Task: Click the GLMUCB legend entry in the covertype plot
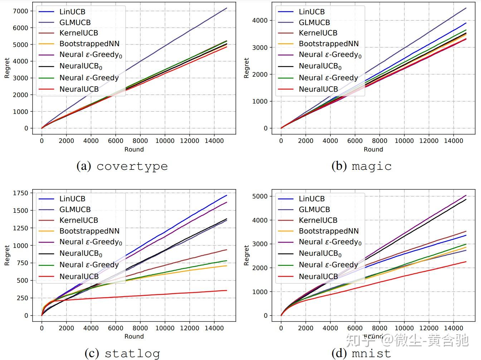[75, 23]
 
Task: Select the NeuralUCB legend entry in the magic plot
[318, 89]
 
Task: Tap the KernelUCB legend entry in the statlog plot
[78, 220]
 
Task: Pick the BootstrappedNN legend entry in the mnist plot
[329, 231]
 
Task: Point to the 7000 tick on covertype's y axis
[21, 11]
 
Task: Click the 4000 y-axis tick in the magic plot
[260, 20]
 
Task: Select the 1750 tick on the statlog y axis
[20, 193]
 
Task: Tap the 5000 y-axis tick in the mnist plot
[260, 196]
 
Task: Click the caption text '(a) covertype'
[122, 166]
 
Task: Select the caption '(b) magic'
[361, 166]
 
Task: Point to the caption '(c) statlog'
[122, 353]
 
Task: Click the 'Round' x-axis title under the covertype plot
[134, 149]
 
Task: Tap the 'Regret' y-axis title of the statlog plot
[7, 255]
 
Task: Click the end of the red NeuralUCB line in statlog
[227, 291]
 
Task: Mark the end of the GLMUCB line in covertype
[227, 8]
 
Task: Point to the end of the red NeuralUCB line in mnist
[466, 261]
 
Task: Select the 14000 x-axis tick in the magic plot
[453, 141]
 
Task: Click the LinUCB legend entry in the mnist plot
[312, 199]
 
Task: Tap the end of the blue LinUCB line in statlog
[227, 195]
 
